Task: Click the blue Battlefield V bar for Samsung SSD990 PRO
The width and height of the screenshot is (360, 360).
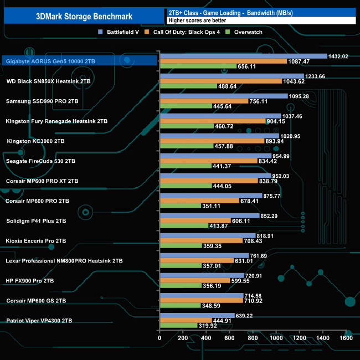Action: tap(223, 96)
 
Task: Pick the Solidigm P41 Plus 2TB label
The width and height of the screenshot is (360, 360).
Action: tap(36, 221)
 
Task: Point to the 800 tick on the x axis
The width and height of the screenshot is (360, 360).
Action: tap(253, 338)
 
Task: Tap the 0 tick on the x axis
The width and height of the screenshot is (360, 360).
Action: tap(160, 338)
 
